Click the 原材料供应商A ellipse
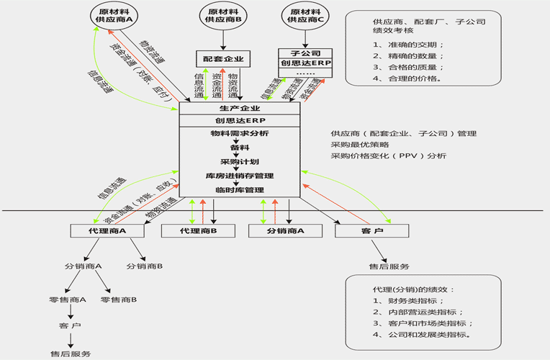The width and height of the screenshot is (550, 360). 114,15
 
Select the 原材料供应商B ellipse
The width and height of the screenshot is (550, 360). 223,15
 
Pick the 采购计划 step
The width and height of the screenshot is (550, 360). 239,162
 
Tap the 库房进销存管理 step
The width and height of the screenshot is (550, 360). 239,176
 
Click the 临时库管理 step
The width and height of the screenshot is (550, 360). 239,189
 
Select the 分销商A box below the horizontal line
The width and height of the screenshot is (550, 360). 285,231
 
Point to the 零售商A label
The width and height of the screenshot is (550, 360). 68,299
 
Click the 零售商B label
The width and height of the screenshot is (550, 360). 120,299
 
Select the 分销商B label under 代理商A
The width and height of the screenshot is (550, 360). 145,266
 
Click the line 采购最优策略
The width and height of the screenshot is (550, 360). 360,145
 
